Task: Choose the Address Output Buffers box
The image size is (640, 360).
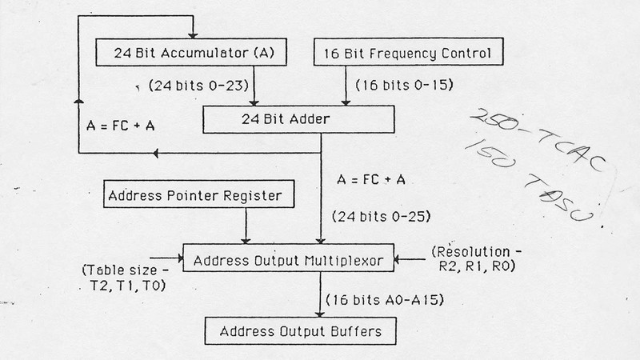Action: coord(299,328)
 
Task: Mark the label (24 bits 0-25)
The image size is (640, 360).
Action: coord(374,215)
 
